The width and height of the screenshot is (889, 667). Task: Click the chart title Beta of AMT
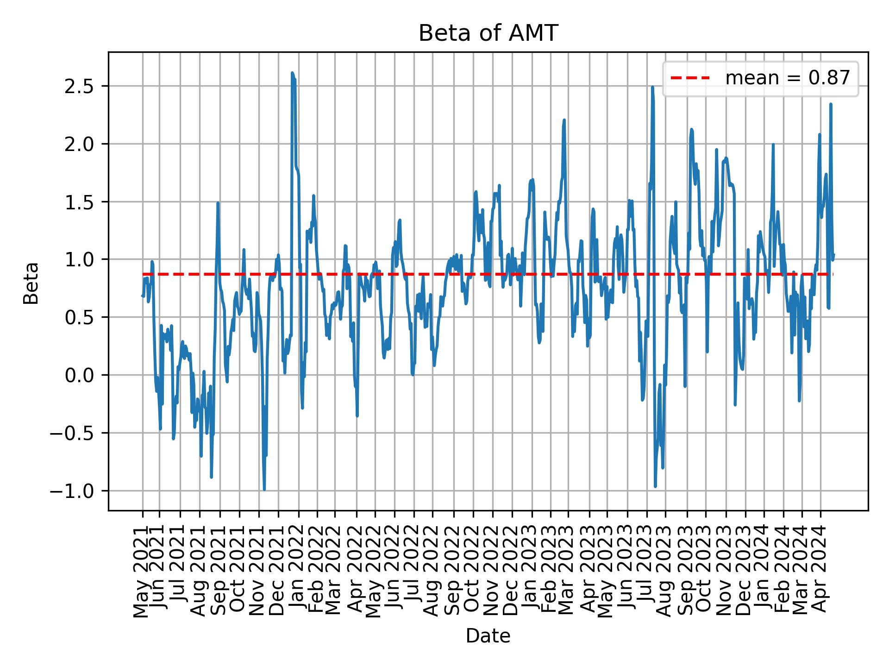tap(488, 34)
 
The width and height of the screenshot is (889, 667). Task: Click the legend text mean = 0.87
tap(787, 78)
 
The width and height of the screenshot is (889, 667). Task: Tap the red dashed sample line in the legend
tap(690, 78)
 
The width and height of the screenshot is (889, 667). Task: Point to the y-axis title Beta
tap(31, 283)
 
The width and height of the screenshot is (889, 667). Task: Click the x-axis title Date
tap(488, 636)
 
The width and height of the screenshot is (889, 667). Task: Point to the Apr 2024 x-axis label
tap(820, 571)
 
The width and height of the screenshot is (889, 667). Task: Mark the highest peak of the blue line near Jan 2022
tap(292, 73)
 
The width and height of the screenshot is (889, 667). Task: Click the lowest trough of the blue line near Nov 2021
tap(264, 489)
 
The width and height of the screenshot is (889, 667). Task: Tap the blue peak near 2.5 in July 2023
tap(652, 87)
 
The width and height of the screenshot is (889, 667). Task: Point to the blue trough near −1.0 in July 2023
tap(655, 486)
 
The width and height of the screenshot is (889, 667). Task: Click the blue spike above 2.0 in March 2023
tap(564, 120)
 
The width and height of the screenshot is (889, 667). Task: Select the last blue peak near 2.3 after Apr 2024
tap(831, 104)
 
